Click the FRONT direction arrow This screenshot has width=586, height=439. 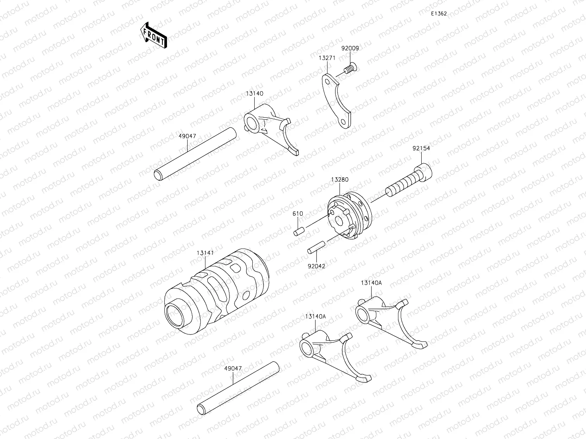click(x=153, y=35)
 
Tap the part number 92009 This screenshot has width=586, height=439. click(x=350, y=48)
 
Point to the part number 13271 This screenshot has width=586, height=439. click(x=327, y=58)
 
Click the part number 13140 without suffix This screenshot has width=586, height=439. click(x=254, y=94)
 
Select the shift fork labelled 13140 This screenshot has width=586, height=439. click(x=271, y=128)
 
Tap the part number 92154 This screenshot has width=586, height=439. click(x=421, y=148)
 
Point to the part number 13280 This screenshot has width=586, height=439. click(x=340, y=180)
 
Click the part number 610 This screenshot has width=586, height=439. click(x=298, y=214)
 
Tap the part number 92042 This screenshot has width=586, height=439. click(x=317, y=266)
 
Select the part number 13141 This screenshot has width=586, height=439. click(x=205, y=253)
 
